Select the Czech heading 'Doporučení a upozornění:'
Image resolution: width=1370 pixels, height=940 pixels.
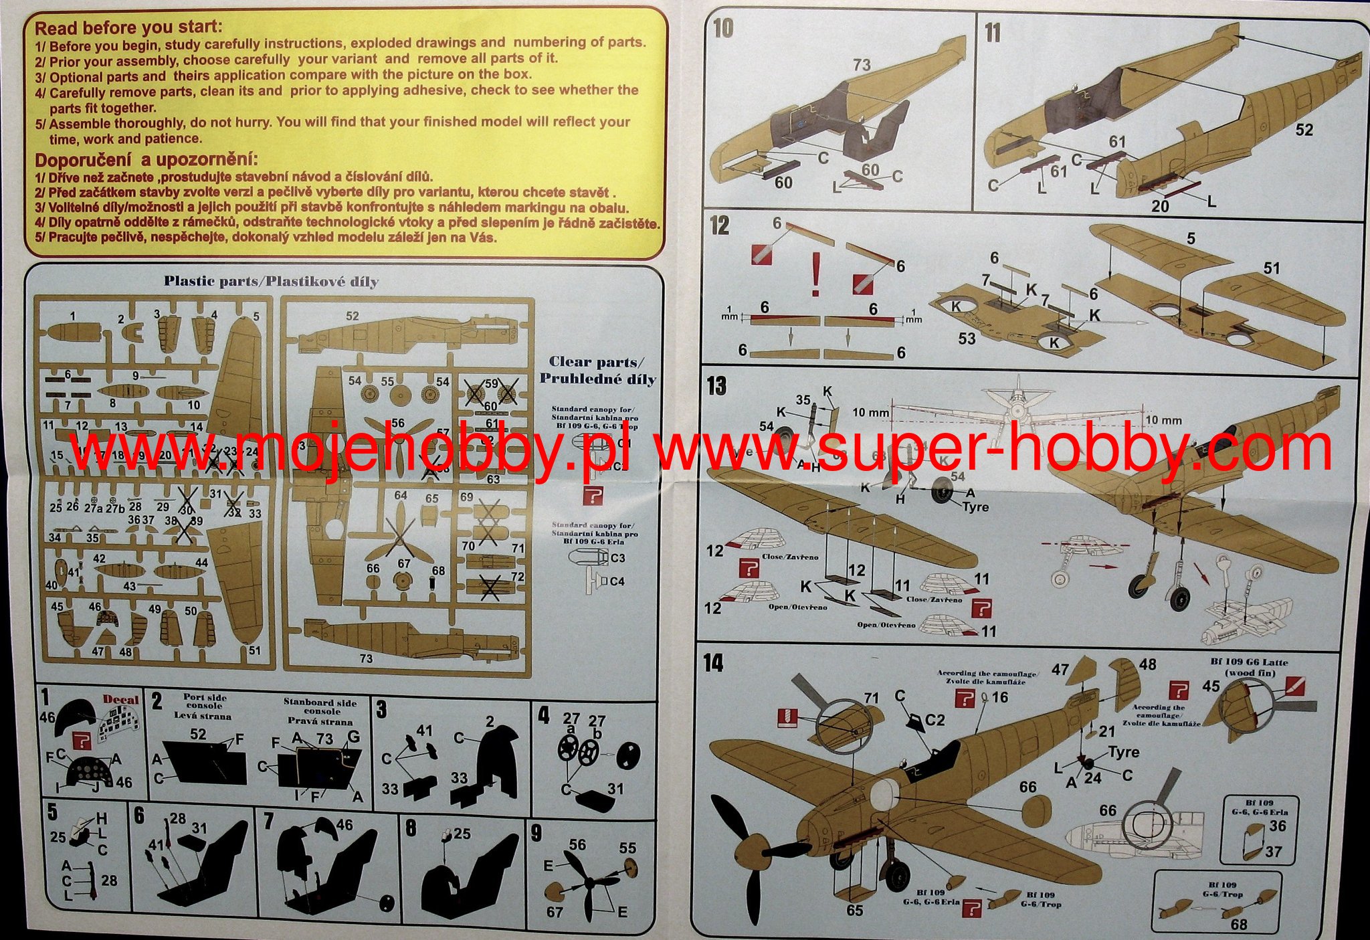pos(146,161)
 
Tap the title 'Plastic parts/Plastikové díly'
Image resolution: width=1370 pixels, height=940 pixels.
pos(271,282)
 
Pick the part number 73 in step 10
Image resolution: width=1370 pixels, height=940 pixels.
pos(862,65)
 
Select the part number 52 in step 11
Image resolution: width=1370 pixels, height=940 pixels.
pos(1304,130)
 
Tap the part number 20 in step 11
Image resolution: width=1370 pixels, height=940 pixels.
pos(1160,206)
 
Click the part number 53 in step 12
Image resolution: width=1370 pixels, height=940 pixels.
pos(967,339)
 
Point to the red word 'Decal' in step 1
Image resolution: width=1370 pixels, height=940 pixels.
pos(120,700)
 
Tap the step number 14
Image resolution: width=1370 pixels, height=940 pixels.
pos(714,663)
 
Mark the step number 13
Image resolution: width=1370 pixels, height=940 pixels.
pos(716,386)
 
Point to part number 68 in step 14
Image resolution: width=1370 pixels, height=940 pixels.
pos(1238,924)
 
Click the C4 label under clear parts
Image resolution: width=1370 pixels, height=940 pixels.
pos(617,581)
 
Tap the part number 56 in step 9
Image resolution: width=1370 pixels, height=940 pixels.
pos(577,845)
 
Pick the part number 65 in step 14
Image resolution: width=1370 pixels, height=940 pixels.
pos(854,911)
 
